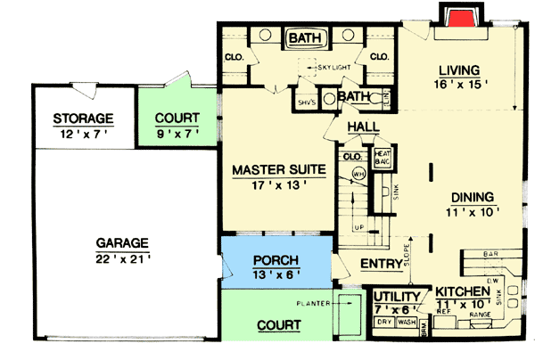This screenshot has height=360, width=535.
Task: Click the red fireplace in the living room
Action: point(460,20)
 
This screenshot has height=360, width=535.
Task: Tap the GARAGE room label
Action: point(122,243)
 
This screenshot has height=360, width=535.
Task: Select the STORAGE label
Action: point(82,119)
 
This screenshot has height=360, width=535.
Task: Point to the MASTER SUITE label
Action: point(269,168)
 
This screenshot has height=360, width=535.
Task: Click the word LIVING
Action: point(460,70)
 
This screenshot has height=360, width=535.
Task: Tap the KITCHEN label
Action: point(461,292)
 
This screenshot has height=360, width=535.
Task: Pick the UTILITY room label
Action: point(397,296)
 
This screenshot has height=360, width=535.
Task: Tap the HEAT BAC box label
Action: point(384,158)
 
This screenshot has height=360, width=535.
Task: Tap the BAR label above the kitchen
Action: point(490,254)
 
